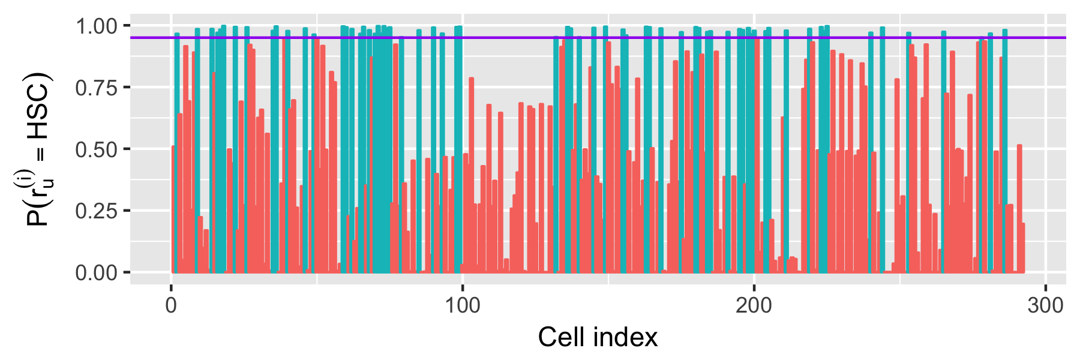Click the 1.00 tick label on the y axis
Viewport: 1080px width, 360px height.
click(97, 26)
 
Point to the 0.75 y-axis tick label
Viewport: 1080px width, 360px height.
click(97, 88)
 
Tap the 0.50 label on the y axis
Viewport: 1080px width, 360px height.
click(97, 150)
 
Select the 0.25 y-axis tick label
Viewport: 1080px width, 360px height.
click(97, 211)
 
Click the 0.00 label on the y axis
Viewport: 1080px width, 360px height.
click(97, 273)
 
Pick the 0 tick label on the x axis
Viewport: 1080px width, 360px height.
click(172, 305)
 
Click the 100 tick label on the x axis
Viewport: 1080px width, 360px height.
click(463, 305)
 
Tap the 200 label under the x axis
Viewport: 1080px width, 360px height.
click(754, 305)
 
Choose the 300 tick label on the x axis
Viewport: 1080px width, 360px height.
click(1046, 305)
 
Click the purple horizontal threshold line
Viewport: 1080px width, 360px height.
click(598, 38)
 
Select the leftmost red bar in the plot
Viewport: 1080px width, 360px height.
click(173, 209)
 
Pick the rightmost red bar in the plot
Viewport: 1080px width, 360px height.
click(1023, 248)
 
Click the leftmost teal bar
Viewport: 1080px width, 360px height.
click(177, 153)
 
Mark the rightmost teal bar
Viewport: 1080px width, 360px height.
click(1005, 151)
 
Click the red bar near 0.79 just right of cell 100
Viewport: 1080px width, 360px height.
click(472, 175)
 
